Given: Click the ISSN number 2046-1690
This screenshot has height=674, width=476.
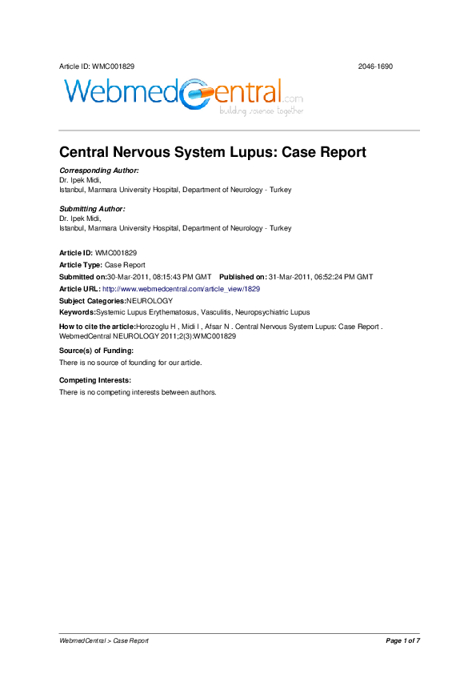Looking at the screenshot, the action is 375,66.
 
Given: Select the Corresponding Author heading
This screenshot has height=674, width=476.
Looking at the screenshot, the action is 99,171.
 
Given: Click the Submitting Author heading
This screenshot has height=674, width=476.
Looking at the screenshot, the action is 92,209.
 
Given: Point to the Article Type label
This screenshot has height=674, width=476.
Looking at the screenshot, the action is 81,264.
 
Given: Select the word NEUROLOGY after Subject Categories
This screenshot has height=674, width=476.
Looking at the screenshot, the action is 150,300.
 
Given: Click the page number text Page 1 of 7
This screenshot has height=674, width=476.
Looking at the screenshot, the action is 402,640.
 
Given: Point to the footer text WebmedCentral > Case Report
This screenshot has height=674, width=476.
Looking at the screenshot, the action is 104,640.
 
